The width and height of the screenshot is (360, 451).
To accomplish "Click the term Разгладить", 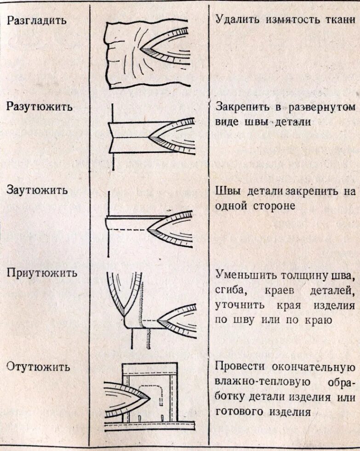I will point(36,21).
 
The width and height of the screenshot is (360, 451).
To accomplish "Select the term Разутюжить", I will point(40,107).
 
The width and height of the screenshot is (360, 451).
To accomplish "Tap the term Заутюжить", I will point(37,190).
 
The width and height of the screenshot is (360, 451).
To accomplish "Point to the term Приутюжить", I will point(41,272).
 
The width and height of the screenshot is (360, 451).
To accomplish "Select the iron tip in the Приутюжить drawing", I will point(158,319).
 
